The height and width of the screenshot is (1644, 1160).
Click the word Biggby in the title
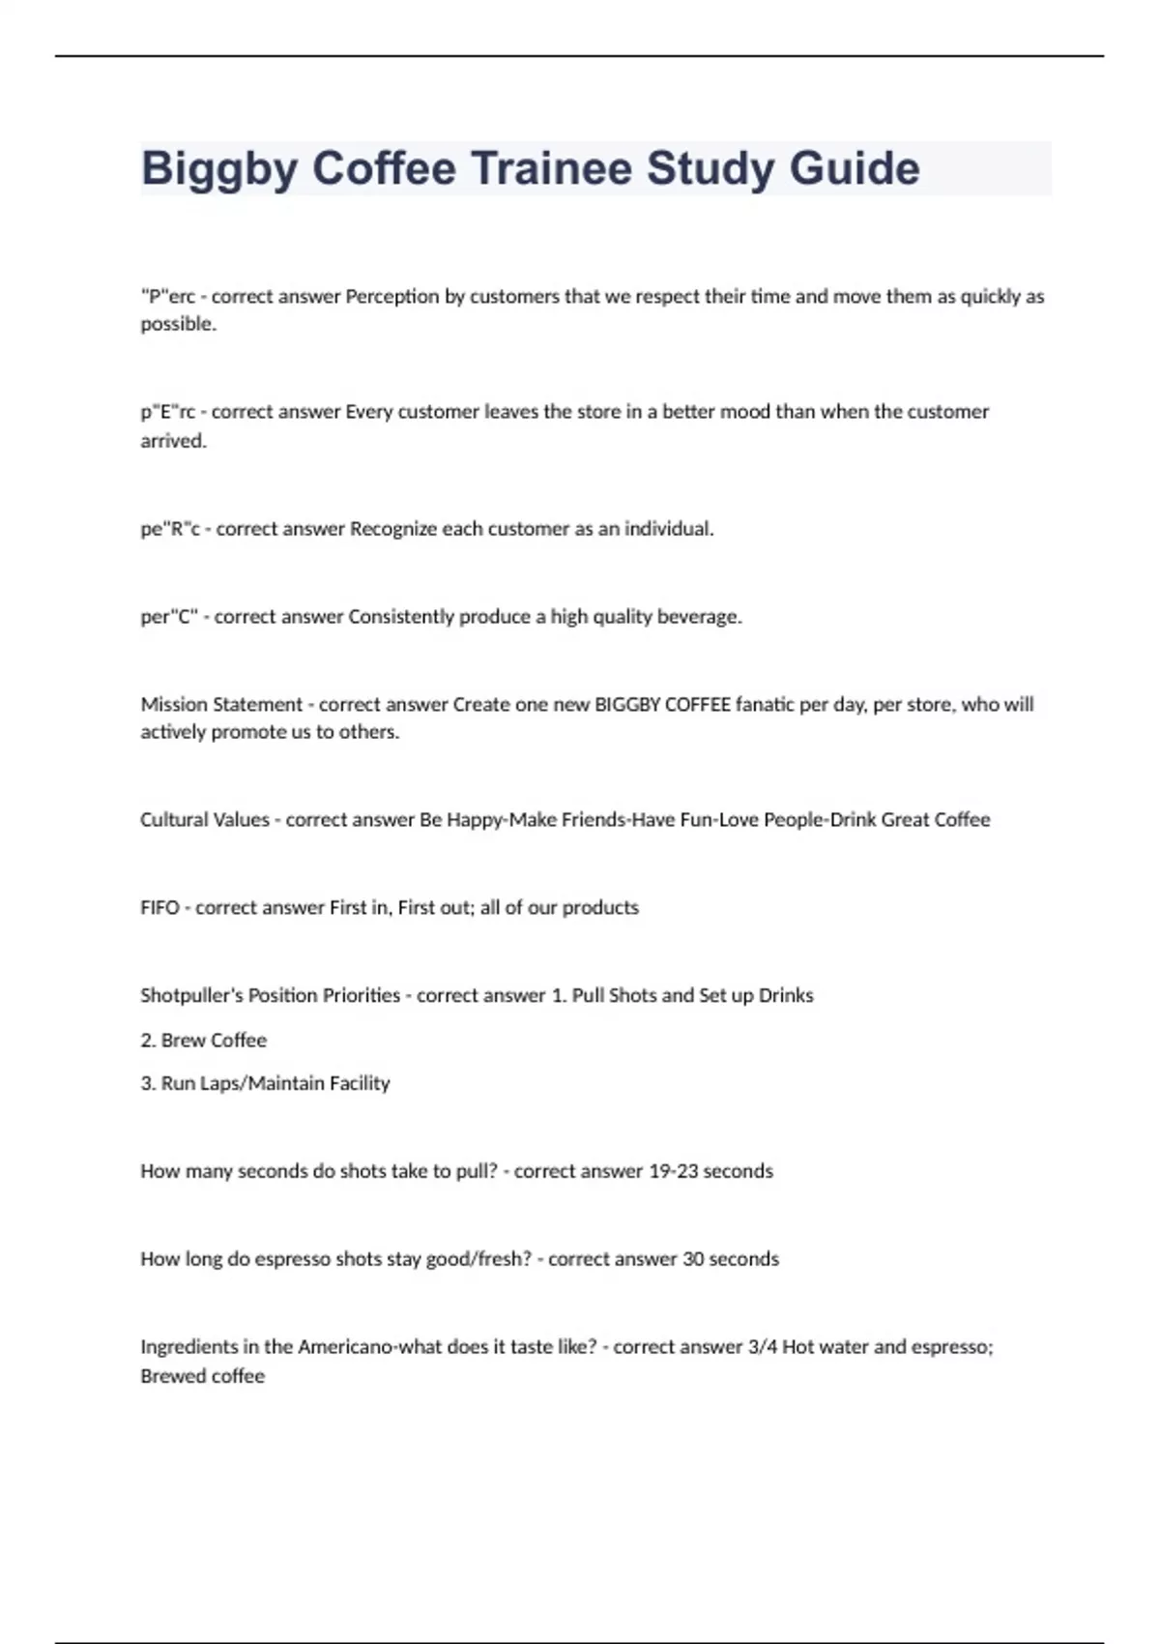(x=218, y=169)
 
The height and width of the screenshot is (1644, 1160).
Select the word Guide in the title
(x=855, y=168)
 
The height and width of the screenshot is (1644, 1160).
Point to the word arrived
(x=174, y=441)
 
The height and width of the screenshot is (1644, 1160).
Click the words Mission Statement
(x=221, y=704)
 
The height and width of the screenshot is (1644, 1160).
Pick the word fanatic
(x=765, y=704)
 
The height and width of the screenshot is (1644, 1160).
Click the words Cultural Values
(x=205, y=820)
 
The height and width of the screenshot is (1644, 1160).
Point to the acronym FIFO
(x=159, y=908)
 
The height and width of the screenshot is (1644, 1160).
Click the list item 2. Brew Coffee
(x=204, y=1041)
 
